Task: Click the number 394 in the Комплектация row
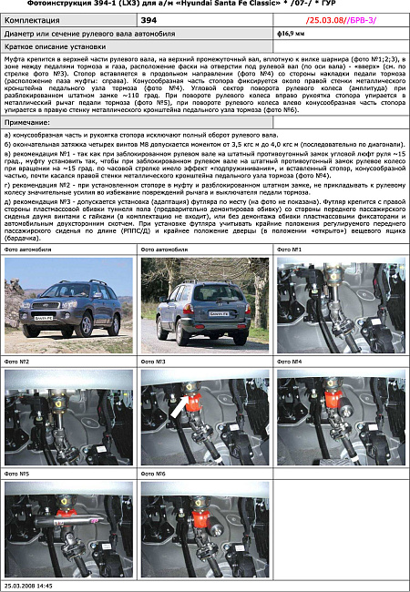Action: (x=149, y=18)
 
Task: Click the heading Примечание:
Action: (x=28, y=121)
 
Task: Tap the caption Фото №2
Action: (x=17, y=362)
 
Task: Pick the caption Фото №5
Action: (x=17, y=474)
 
